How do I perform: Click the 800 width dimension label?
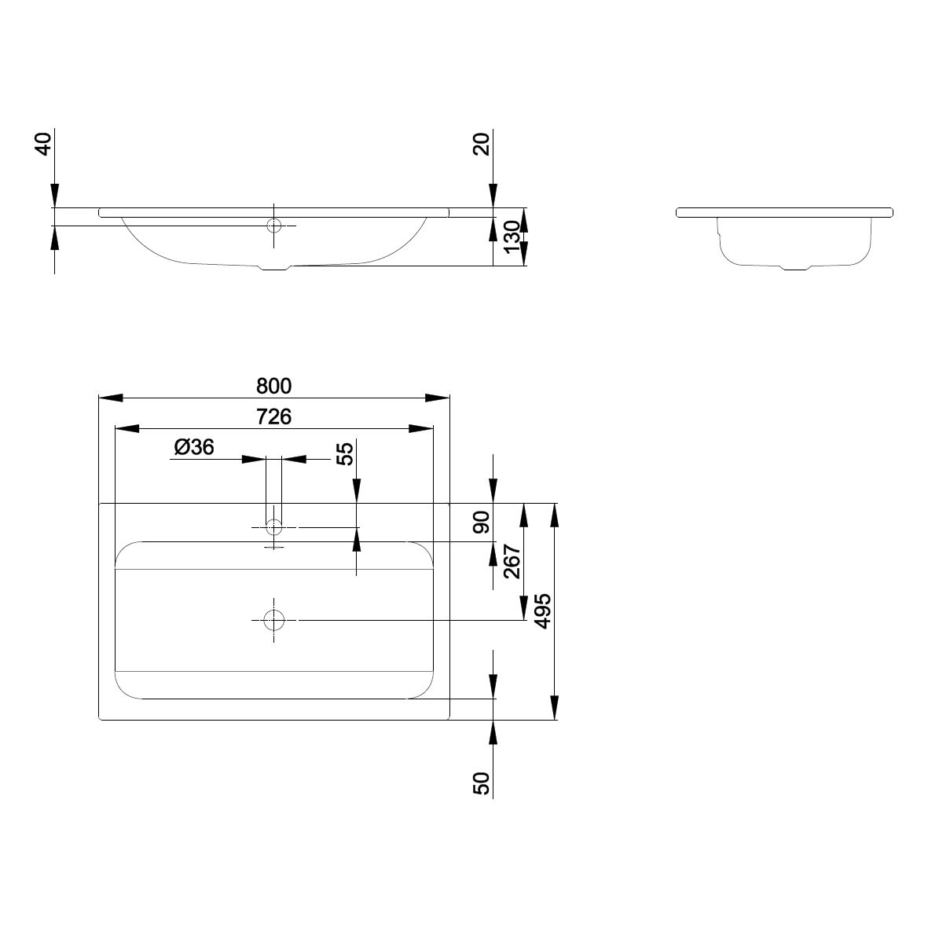[273, 386]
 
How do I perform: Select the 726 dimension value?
[273, 416]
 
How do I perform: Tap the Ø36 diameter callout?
[194, 447]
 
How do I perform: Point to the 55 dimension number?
[345, 453]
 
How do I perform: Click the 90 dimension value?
[482, 522]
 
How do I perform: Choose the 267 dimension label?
[512, 562]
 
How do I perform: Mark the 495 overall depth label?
[543, 611]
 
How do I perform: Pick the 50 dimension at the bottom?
[482, 783]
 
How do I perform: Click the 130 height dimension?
[512, 237]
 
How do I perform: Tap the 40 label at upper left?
[44, 144]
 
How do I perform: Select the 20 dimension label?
[482, 144]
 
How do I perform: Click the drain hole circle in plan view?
[273, 620]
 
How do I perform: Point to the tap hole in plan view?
[273, 526]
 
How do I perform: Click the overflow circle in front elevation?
[273, 226]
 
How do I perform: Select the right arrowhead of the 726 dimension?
[421, 428]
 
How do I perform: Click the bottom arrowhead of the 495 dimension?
[555, 707]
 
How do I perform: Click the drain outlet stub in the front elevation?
[277, 267]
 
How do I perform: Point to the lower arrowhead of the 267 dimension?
[524, 608]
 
